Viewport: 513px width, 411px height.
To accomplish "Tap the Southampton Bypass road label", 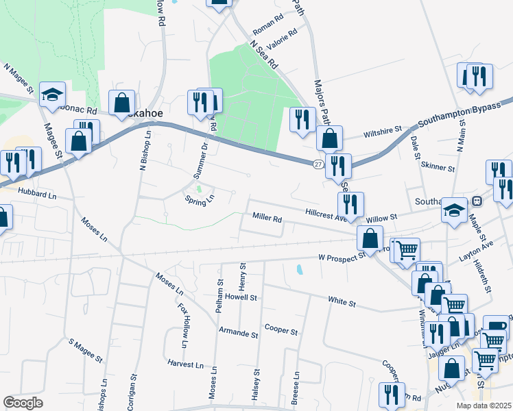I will (457, 114).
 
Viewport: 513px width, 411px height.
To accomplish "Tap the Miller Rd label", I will (267, 219).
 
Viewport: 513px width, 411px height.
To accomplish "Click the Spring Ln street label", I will (200, 200).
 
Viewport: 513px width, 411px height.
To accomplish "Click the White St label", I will (342, 301).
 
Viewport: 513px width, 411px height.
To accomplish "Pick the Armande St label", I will (238, 335).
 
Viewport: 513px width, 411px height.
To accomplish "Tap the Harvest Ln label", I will (187, 365).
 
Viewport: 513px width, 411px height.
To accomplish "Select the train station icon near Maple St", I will (477, 201).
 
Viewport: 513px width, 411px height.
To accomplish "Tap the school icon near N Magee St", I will (52, 96).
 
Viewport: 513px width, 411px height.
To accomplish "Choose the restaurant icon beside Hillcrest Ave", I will (350, 203).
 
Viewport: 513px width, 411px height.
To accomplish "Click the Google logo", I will (23, 403).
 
